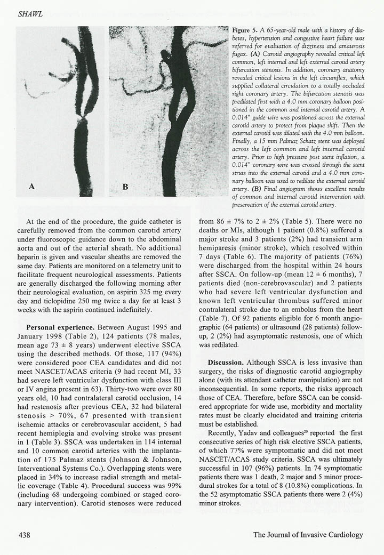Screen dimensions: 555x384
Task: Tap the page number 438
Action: (x=28, y=534)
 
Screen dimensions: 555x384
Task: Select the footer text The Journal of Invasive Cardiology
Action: (x=308, y=534)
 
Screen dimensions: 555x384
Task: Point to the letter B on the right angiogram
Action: (x=125, y=187)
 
